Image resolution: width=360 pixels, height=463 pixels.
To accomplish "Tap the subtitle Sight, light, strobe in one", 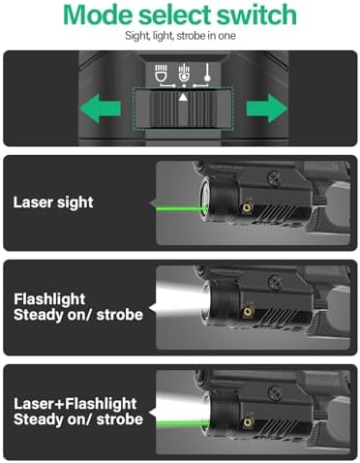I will (180, 36).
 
